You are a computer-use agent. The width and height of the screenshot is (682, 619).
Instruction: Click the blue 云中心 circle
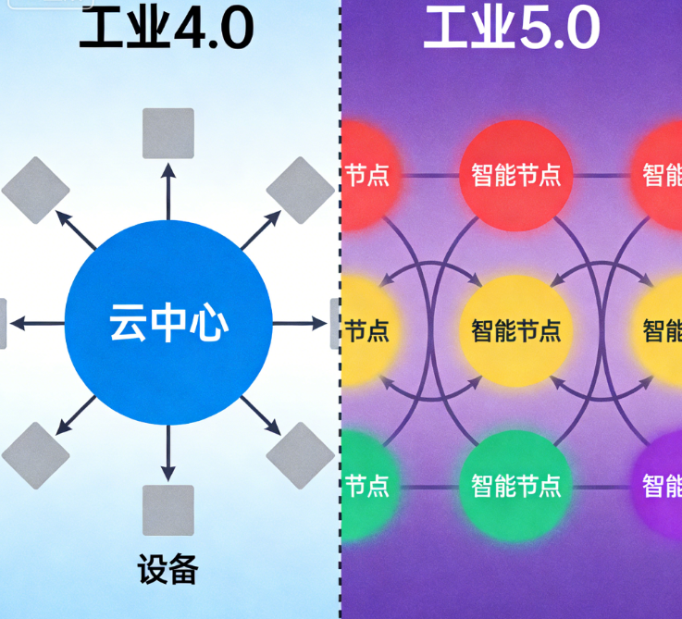tap(168, 324)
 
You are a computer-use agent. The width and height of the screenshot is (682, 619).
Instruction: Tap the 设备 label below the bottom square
tap(168, 569)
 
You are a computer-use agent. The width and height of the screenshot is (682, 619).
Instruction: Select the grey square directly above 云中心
tap(168, 133)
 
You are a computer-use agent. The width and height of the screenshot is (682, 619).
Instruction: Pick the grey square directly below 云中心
tap(168, 510)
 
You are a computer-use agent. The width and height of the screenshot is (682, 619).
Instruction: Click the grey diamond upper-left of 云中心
tap(36, 191)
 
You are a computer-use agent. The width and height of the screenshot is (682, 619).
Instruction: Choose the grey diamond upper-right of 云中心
tap(300, 191)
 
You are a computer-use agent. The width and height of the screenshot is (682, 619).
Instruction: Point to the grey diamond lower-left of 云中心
tap(36, 456)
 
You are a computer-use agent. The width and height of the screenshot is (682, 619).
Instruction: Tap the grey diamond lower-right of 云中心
tap(300, 456)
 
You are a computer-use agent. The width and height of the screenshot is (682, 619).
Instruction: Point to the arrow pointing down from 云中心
tap(168, 453)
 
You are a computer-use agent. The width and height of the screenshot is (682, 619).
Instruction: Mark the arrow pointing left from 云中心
tap(37, 324)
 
